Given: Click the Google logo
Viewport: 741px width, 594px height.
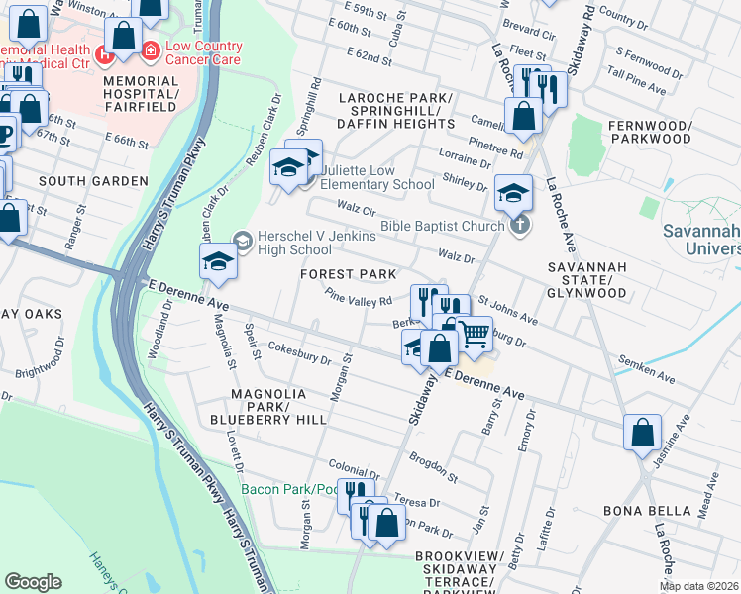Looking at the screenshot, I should coord(33,582).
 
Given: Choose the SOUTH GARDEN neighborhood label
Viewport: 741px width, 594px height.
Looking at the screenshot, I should coord(93,181).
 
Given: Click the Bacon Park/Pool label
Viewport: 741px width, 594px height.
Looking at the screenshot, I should coord(289,489).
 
